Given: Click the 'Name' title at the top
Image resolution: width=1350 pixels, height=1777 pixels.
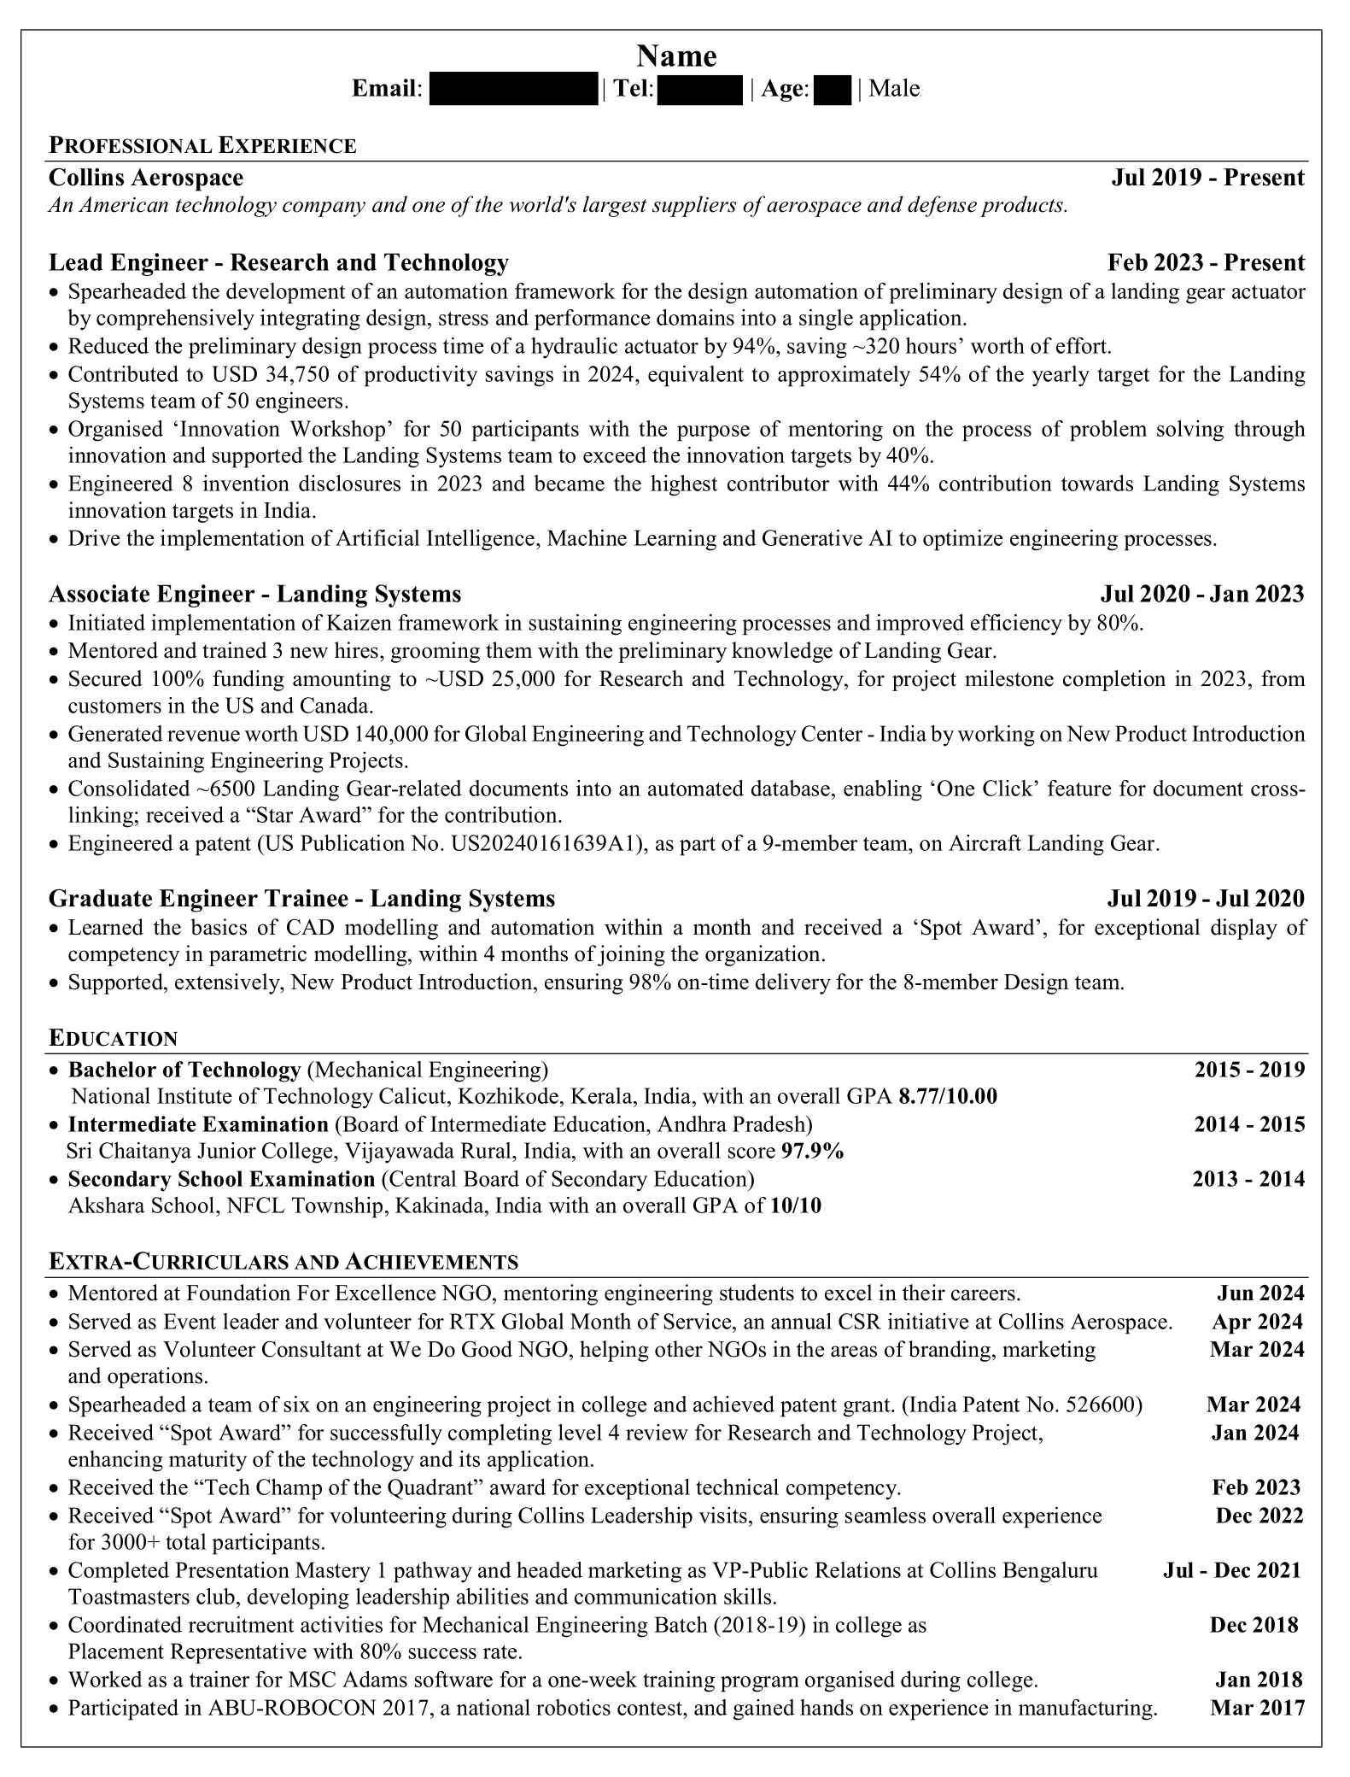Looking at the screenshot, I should tap(676, 56).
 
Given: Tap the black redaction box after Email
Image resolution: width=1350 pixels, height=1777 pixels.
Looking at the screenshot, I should tap(512, 89).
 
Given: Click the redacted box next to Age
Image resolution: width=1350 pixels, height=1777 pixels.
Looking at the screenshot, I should tap(833, 89).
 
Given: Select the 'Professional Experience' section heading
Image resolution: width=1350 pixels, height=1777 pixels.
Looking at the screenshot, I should tap(202, 146).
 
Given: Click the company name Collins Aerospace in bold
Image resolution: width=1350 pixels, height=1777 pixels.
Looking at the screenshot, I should tap(146, 178).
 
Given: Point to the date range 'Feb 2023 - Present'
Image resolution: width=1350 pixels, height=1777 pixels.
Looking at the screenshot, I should tap(1206, 262).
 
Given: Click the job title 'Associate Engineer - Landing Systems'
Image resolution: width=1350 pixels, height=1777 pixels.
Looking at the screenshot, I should tap(254, 594).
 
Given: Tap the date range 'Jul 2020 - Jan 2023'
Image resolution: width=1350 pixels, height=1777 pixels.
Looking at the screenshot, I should tap(1202, 594).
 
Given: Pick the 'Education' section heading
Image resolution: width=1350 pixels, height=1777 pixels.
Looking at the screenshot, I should tap(114, 1039).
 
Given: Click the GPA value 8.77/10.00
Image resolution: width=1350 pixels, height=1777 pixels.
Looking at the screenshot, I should tap(948, 1096).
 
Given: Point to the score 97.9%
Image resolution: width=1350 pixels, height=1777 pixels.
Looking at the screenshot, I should tap(812, 1152).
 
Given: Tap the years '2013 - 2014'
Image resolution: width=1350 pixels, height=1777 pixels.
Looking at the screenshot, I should tap(1248, 1180).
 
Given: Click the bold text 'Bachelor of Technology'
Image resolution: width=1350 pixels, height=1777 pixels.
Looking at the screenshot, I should tap(184, 1070).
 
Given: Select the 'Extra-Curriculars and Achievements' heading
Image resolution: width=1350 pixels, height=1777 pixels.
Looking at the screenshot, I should tap(283, 1262).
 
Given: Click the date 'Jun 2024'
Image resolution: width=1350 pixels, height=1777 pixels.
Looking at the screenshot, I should tap(1260, 1293).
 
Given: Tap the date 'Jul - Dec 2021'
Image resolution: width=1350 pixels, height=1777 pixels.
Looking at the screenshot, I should tap(1232, 1570).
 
